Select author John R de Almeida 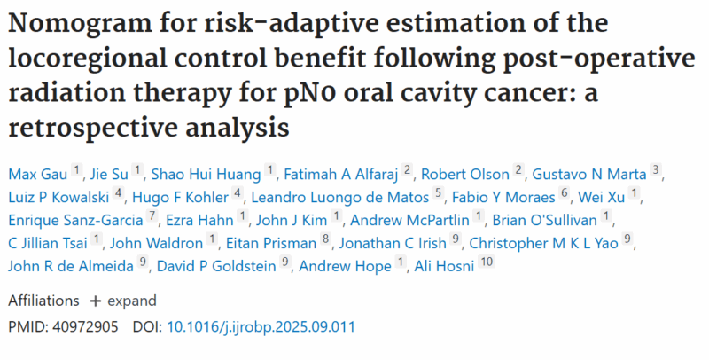click(x=71, y=264)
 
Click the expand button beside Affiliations click(x=123, y=301)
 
